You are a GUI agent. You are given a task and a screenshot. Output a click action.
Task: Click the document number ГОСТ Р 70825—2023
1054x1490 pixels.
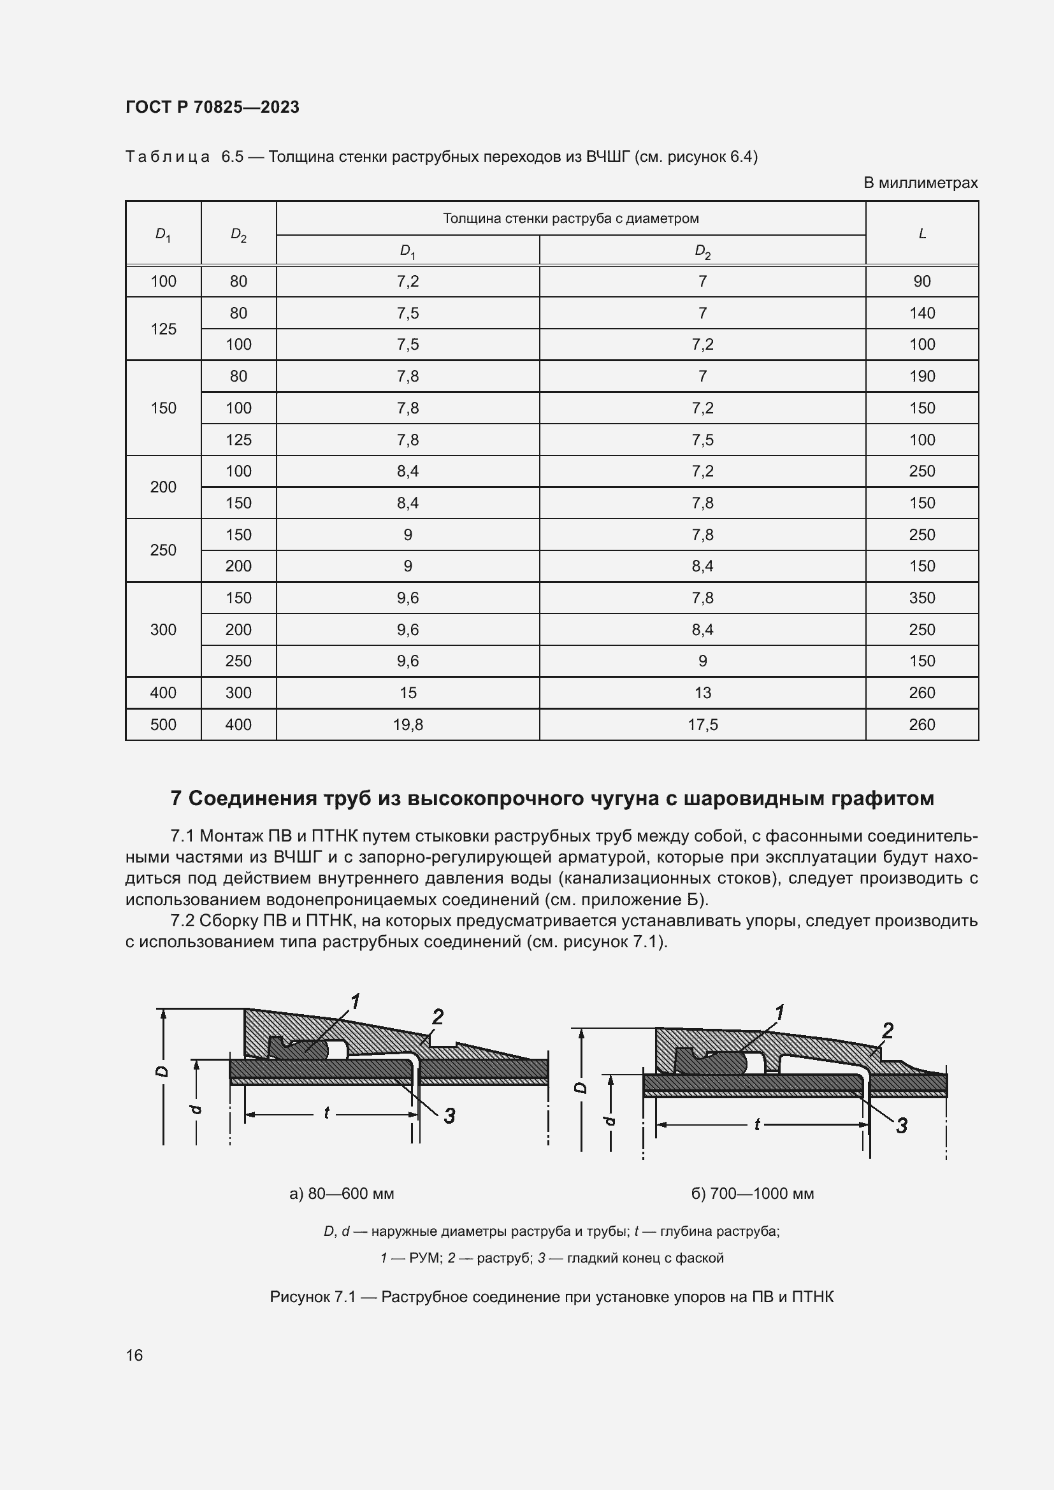(x=212, y=107)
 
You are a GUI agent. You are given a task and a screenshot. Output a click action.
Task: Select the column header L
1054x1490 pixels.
(x=921, y=233)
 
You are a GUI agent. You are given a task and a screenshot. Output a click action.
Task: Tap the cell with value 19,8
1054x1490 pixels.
(x=408, y=725)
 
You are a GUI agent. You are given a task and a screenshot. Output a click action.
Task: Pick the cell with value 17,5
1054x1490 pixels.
(x=702, y=725)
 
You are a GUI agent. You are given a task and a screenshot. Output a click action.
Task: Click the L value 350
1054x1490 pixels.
(x=921, y=598)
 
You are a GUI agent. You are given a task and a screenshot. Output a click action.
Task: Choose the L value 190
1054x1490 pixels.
(x=921, y=376)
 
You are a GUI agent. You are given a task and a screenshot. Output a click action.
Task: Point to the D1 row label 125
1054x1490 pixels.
(x=163, y=329)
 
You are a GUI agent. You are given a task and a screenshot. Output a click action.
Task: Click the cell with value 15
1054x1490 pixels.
(x=408, y=693)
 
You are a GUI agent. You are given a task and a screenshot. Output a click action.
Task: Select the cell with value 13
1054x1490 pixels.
(x=702, y=693)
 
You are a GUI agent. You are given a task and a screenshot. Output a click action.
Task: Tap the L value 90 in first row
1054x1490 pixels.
(x=921, y=282)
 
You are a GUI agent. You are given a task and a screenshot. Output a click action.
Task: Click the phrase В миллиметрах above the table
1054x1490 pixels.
(x=920, y=183)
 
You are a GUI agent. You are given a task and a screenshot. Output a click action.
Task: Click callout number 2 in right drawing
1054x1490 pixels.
(x=887, y=1031)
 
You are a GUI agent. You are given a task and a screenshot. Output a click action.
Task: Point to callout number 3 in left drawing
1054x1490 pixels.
(x=449, y=1116)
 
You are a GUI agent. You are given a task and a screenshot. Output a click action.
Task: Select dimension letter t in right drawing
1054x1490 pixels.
(x=757, y=1124)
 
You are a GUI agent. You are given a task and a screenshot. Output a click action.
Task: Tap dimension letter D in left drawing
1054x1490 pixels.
(x=162, y=1071)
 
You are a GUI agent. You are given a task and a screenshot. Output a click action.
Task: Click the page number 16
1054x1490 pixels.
(x=134, y=1355)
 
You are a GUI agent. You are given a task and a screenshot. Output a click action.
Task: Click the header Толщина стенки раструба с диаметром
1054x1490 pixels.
(x=570, y=218)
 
